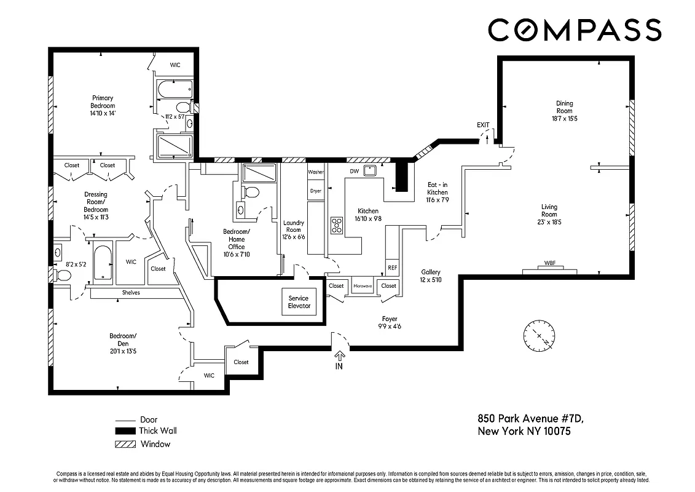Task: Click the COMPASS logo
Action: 575,30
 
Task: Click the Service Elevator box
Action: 299,302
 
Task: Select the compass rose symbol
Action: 539,336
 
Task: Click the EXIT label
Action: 483,125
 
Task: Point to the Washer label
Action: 315,172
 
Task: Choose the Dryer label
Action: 315,191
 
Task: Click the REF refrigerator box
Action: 391,268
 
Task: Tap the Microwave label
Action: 363,286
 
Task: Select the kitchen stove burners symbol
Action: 336,226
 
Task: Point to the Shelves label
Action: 131,293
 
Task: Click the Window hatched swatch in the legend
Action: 125,444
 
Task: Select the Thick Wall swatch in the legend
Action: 125,431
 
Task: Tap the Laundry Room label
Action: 293,229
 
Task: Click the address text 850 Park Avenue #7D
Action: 530,418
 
